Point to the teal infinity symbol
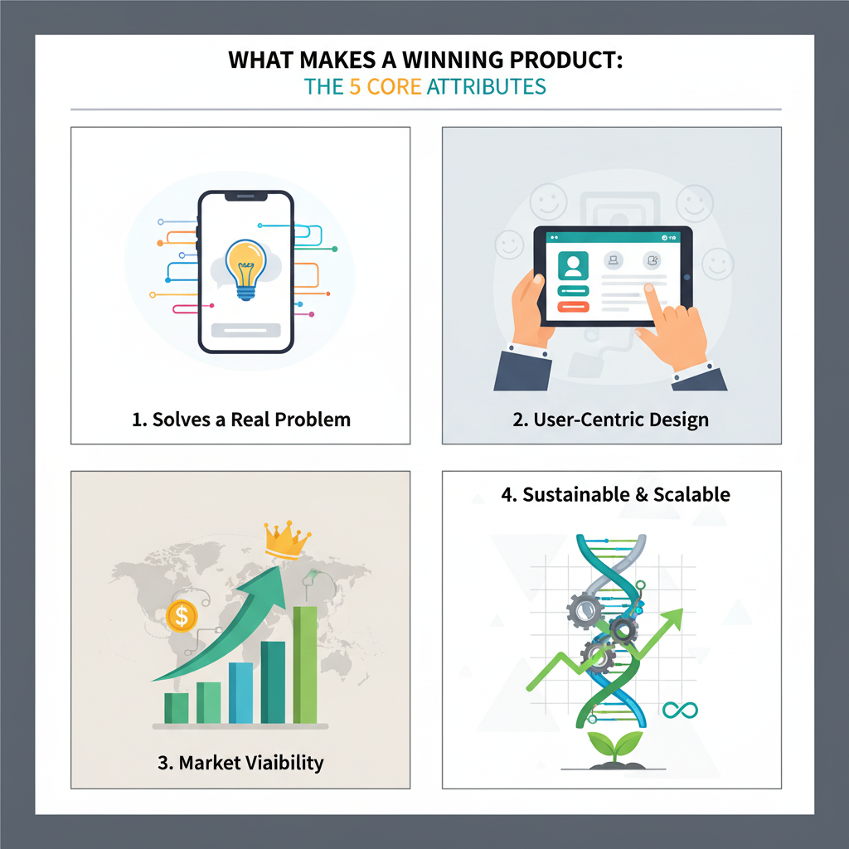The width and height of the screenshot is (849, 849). click(x=680, y=710)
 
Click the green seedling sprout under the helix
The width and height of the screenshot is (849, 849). click(x=614, y=744)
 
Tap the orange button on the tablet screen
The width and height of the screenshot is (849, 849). click(x=572, y=307)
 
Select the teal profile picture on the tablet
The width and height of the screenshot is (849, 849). click(x=572, y=266)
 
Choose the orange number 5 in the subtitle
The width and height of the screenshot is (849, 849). click(x=354, y=86)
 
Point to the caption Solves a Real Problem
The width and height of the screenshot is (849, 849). click(x=241, y=420)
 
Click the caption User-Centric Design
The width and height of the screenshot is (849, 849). click(x=610, y=420)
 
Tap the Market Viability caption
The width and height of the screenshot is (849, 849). click(x=240, y=763)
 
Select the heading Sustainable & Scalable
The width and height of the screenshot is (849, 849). click(x=615, y=495)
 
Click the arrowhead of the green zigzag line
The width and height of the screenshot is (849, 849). click(x=675, y=616)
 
